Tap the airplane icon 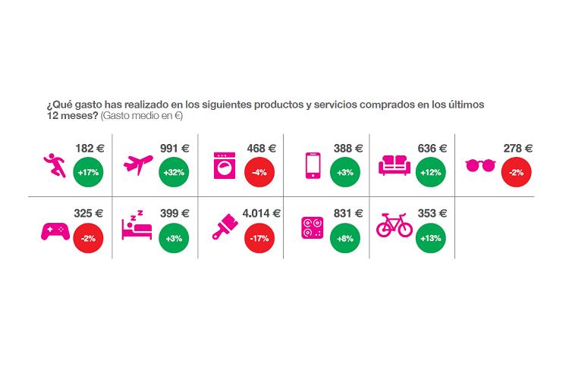point(138,164)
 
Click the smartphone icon point(311,165)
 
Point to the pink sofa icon point(395,164)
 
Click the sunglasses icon point(480,164)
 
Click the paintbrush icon point(226,230)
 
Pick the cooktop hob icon point(311,229)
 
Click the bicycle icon point(395,225)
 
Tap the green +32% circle point(174,173)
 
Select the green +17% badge point(89,173)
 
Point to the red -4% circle point(260,173)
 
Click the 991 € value point(175,148)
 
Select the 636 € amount point(432,148)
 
